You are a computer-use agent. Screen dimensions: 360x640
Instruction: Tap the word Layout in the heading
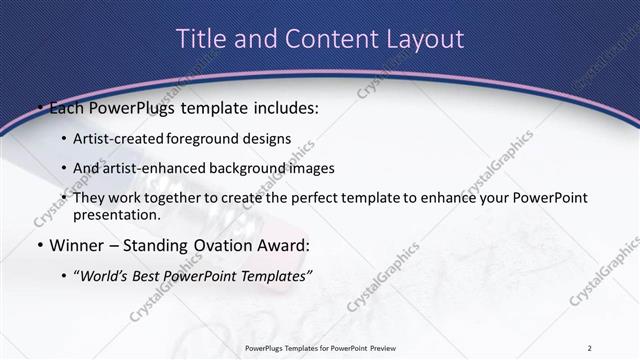[426, 39]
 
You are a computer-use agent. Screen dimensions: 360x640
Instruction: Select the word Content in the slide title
[319, 39]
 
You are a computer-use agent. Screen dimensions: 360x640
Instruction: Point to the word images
[311, 168]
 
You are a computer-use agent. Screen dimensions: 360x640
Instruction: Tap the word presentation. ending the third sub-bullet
[117, 214]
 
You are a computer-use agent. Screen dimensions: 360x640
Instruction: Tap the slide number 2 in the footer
[590, 347]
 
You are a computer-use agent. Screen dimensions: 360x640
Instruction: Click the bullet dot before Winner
[38, 244]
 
